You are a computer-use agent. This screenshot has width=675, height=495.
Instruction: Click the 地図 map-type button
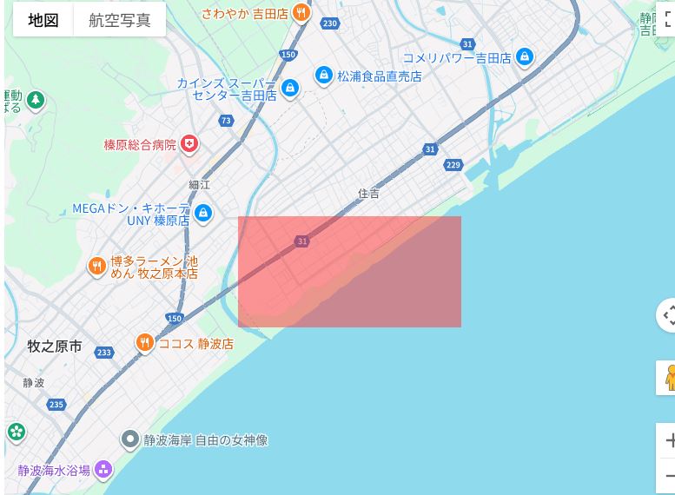pyautogui.click(x=43, y=19)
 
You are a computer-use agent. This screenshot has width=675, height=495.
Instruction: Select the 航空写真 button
pyautogui.click(x=119, y=19)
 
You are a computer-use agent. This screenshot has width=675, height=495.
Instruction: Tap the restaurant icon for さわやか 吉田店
pyautogui.click(x=301, y=12)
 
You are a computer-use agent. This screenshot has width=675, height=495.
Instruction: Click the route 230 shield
pyautogui.click(x=329, y=23)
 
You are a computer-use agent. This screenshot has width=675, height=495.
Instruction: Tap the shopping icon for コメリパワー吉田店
pyautogui.click(x=524, y=58)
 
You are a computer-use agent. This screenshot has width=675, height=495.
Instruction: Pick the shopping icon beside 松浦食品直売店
pyautogui.click(x=324, y=76)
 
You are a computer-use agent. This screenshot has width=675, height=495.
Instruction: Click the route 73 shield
pyautogui.click(x=227, y=121)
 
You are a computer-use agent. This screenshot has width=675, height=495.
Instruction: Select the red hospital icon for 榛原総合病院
pyautogui.click(x=189, y=144)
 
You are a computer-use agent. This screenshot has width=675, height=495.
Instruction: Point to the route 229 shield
pyautogui.click(x=453, y=165)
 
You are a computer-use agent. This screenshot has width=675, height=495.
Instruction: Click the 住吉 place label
pyautogui.click(x=369, y=194)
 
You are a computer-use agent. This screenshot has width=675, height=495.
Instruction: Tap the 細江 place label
pyautogui.click(x=200, y=185)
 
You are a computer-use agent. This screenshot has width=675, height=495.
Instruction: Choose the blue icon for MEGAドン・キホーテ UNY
pyautogui.click(x=202, y=212)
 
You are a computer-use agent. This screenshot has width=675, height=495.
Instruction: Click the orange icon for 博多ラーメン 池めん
pyautogui.click(x=97, y=266)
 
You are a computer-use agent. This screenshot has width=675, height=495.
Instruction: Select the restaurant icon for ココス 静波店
pyautogui.click(x=144, y=343)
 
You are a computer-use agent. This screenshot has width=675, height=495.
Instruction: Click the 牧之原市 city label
pyautogui.click(x=55, y=346)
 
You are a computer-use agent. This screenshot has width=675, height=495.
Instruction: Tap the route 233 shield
pyautogui.click(x=104, y=353)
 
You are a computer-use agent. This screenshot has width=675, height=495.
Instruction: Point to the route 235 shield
pyautogui.click(x=56, y=405)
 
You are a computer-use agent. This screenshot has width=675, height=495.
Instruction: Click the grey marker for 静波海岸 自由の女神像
pyautogui.click(x=130, y=440)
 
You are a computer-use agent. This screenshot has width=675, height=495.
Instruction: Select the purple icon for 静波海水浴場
pyautogui.click(x=103, y=471)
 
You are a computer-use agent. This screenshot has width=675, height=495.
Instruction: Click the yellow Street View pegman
pyautogui.click(x=669, y=377)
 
